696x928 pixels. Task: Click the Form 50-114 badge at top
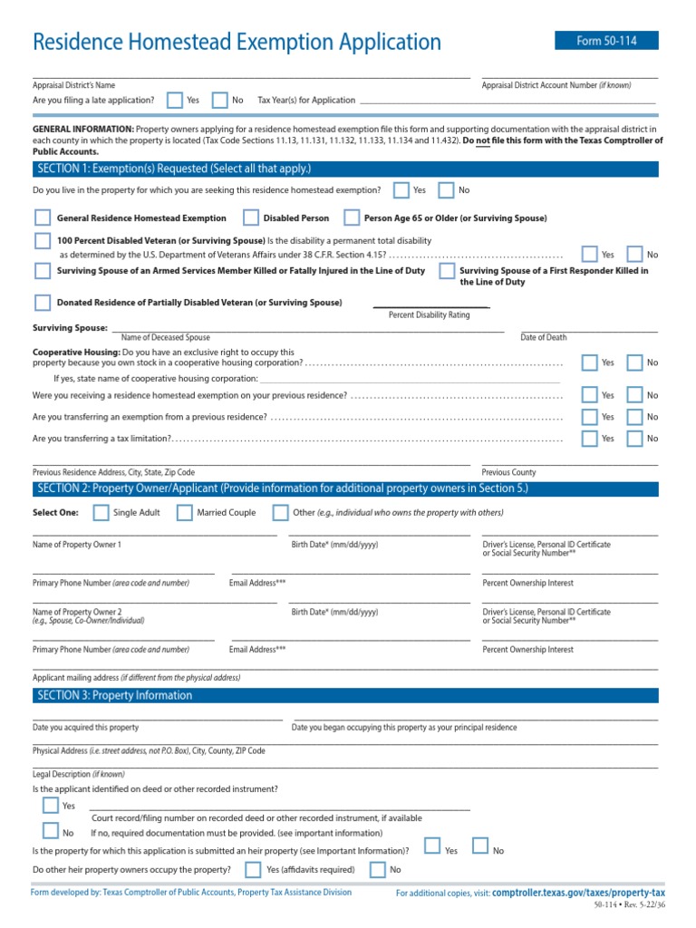[606, 41]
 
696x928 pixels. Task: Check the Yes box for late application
[173, 100]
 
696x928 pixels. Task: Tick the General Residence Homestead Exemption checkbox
[42, 217]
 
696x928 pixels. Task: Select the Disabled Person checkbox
[251, 217]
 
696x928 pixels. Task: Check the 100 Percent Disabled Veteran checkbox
[42, 240]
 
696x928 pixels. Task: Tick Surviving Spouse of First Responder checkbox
[446, 271]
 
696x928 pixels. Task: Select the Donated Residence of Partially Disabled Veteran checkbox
[42, 302]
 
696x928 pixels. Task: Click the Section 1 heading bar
[345, 169]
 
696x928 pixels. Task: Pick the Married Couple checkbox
[184, 512]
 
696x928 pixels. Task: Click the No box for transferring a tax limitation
[634, 438]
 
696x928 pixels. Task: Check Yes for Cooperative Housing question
[590, 362]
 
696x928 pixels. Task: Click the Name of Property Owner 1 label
[77, 545]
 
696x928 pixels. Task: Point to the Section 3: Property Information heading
[114, 695]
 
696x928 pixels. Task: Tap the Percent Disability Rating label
[429, 314]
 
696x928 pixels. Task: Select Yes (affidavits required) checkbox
[252, 870]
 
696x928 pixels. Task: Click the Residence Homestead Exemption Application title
[237, 42]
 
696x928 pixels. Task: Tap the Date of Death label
[544, 337]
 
